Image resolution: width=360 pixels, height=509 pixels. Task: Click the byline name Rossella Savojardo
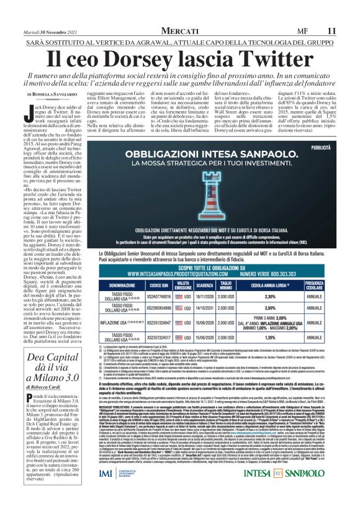[70, 94]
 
